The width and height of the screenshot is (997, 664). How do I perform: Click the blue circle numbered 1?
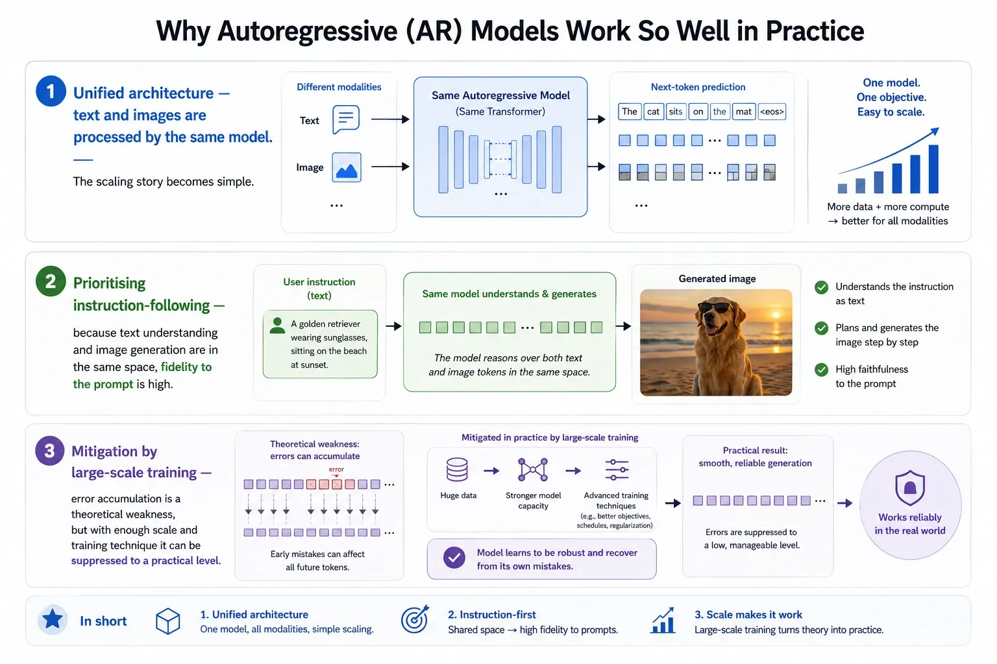pos(51,91)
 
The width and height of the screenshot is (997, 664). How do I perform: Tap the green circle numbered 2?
pos(51,281)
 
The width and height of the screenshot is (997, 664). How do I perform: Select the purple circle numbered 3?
pos(50,451)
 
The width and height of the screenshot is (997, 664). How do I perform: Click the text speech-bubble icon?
pos(346,119)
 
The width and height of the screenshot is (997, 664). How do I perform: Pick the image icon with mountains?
pos(346,167)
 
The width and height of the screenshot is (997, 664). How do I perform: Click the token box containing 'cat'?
pos(653,112)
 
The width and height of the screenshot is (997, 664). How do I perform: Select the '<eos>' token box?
pos(772,112)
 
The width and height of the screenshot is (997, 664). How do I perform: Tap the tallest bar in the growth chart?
pos(933,169)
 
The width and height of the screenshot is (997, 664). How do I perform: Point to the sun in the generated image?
pos(776,315)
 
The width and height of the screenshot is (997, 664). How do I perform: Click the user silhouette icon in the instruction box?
pos(277,326)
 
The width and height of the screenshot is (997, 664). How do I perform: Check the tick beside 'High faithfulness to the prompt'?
pos(821,370)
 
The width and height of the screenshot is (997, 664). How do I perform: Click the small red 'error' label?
pos(336,469)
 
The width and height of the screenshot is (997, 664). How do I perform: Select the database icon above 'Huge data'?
pos(457,469)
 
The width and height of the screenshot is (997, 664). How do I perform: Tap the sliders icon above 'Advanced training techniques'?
pos(617,470)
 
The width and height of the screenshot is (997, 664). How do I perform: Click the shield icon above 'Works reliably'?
pos(910,488)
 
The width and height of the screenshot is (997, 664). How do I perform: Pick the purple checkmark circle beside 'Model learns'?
pos(454,558)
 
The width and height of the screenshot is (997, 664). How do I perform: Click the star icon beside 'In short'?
pos(53,619)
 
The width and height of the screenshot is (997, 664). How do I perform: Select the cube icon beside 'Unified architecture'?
pos(168,621)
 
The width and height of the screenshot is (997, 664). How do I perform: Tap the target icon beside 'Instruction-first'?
pos(414,619)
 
